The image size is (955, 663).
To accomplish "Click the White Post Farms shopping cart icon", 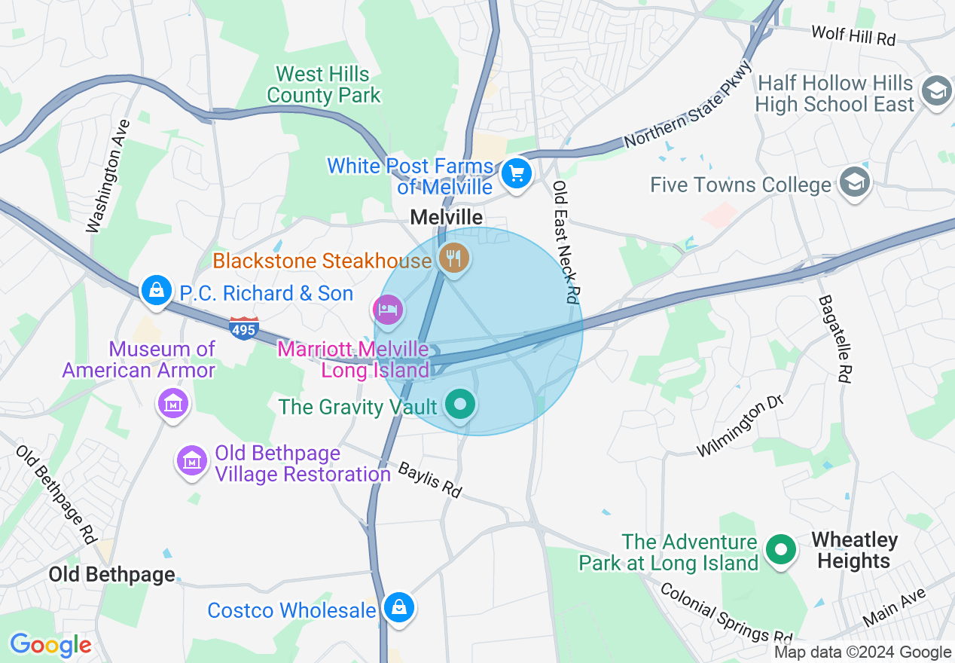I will click(x=516, y=174).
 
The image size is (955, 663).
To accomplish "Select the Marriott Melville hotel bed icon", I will click(x=388, y=309).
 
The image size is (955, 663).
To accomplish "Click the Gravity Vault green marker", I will click(x=459, y=405).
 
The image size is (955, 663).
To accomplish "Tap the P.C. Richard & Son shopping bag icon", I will click(x=157, y=290).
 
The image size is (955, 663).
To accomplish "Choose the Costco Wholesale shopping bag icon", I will click(x=398, y=606).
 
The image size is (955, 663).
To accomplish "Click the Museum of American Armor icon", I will click(x=173, y=403).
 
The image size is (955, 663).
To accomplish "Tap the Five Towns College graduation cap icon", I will click(x=855, y=182).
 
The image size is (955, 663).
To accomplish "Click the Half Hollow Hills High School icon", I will click(x=936, y=91).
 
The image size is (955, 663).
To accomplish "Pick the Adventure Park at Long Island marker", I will click(x=781, y=550).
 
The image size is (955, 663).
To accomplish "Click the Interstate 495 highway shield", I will click(x=244, y=328).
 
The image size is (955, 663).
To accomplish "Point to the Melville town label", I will click(x=446, y=217).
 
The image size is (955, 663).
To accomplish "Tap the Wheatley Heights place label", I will click(x=853, y=551).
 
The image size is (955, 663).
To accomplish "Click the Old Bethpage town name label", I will click(x=111, y=575).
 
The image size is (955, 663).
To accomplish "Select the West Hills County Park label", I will click(x=324, y=85).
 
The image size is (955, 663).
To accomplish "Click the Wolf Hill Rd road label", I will click(x=853, y=35).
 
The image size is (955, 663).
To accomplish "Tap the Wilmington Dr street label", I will click(x=740, y=426).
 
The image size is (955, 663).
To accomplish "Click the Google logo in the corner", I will click(x=50, y=645).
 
